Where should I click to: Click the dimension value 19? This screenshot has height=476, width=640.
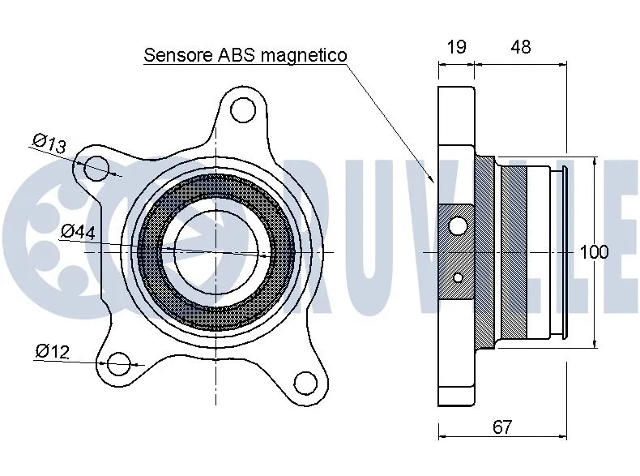click(x=456, y=47)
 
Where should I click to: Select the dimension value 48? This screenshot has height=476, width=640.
click(x=520, y=47)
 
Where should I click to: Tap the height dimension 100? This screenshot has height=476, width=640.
click(x=594, y=252)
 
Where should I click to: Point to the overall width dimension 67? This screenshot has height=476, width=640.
click(x=501, y=427)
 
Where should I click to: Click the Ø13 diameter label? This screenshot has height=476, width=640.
click(x=49, y=143)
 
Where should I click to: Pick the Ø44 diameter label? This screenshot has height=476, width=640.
click(x=78, y=231)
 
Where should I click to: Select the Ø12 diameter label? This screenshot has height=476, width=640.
click(x=52, y=351)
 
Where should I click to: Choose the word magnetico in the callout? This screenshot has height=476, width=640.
click(x=308, y=55)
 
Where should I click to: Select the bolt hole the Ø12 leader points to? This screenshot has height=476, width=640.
click(x=120, y=364)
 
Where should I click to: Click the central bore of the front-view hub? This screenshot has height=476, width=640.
click(x=216, y=252)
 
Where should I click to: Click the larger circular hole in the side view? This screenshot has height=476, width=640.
click(x=458, y=225)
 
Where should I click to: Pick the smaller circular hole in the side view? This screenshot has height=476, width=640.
click(x=458, y=278)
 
